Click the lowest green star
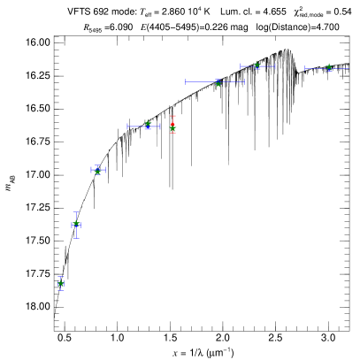(61, 283)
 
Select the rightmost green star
(329, 67)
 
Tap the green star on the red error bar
(172, 128)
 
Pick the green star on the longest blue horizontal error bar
(218, 83)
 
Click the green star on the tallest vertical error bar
(76, 224)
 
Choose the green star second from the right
(257, 65)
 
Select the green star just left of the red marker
(148, 125)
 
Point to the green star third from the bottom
(97, 171)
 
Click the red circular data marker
(172, 125)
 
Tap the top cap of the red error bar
(172, 116)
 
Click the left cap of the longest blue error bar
(186, 81)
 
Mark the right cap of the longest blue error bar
(244, 81)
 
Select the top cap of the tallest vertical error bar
(76, 212)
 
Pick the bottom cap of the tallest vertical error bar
(76, 237)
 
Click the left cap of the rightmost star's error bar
(305, 67)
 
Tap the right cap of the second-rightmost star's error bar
(274, 65)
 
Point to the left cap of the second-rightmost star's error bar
(241, 65)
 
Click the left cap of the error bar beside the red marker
(127, 126)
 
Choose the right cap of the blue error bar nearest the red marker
(159, 126)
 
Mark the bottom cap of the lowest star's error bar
(61, 290)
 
